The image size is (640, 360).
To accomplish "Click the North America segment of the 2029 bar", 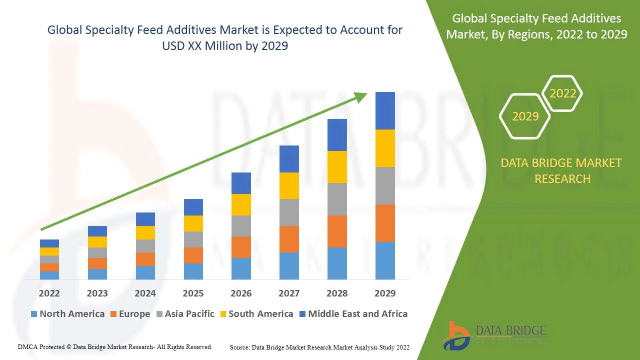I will pos(385,261).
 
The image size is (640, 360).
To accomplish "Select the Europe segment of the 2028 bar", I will pos(337,231).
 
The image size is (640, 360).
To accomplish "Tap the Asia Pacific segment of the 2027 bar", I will pos(289,212).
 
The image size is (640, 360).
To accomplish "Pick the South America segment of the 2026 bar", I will pos(241,205).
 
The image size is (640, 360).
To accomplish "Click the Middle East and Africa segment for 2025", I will pos(193,207).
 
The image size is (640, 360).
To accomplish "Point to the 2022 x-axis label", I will pos(49,293).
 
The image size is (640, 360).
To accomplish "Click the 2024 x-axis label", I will pos(145,293).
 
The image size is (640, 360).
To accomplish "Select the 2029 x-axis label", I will pos(385,293).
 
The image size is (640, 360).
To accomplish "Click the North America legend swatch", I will pos(34,314).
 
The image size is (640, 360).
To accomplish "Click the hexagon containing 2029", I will pos(525,116).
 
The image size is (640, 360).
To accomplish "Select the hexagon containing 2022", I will pos(563,93).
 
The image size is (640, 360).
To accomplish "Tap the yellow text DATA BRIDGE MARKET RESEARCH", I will pos(562,171).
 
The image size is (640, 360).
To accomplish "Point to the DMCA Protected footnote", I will pos(115,347).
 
